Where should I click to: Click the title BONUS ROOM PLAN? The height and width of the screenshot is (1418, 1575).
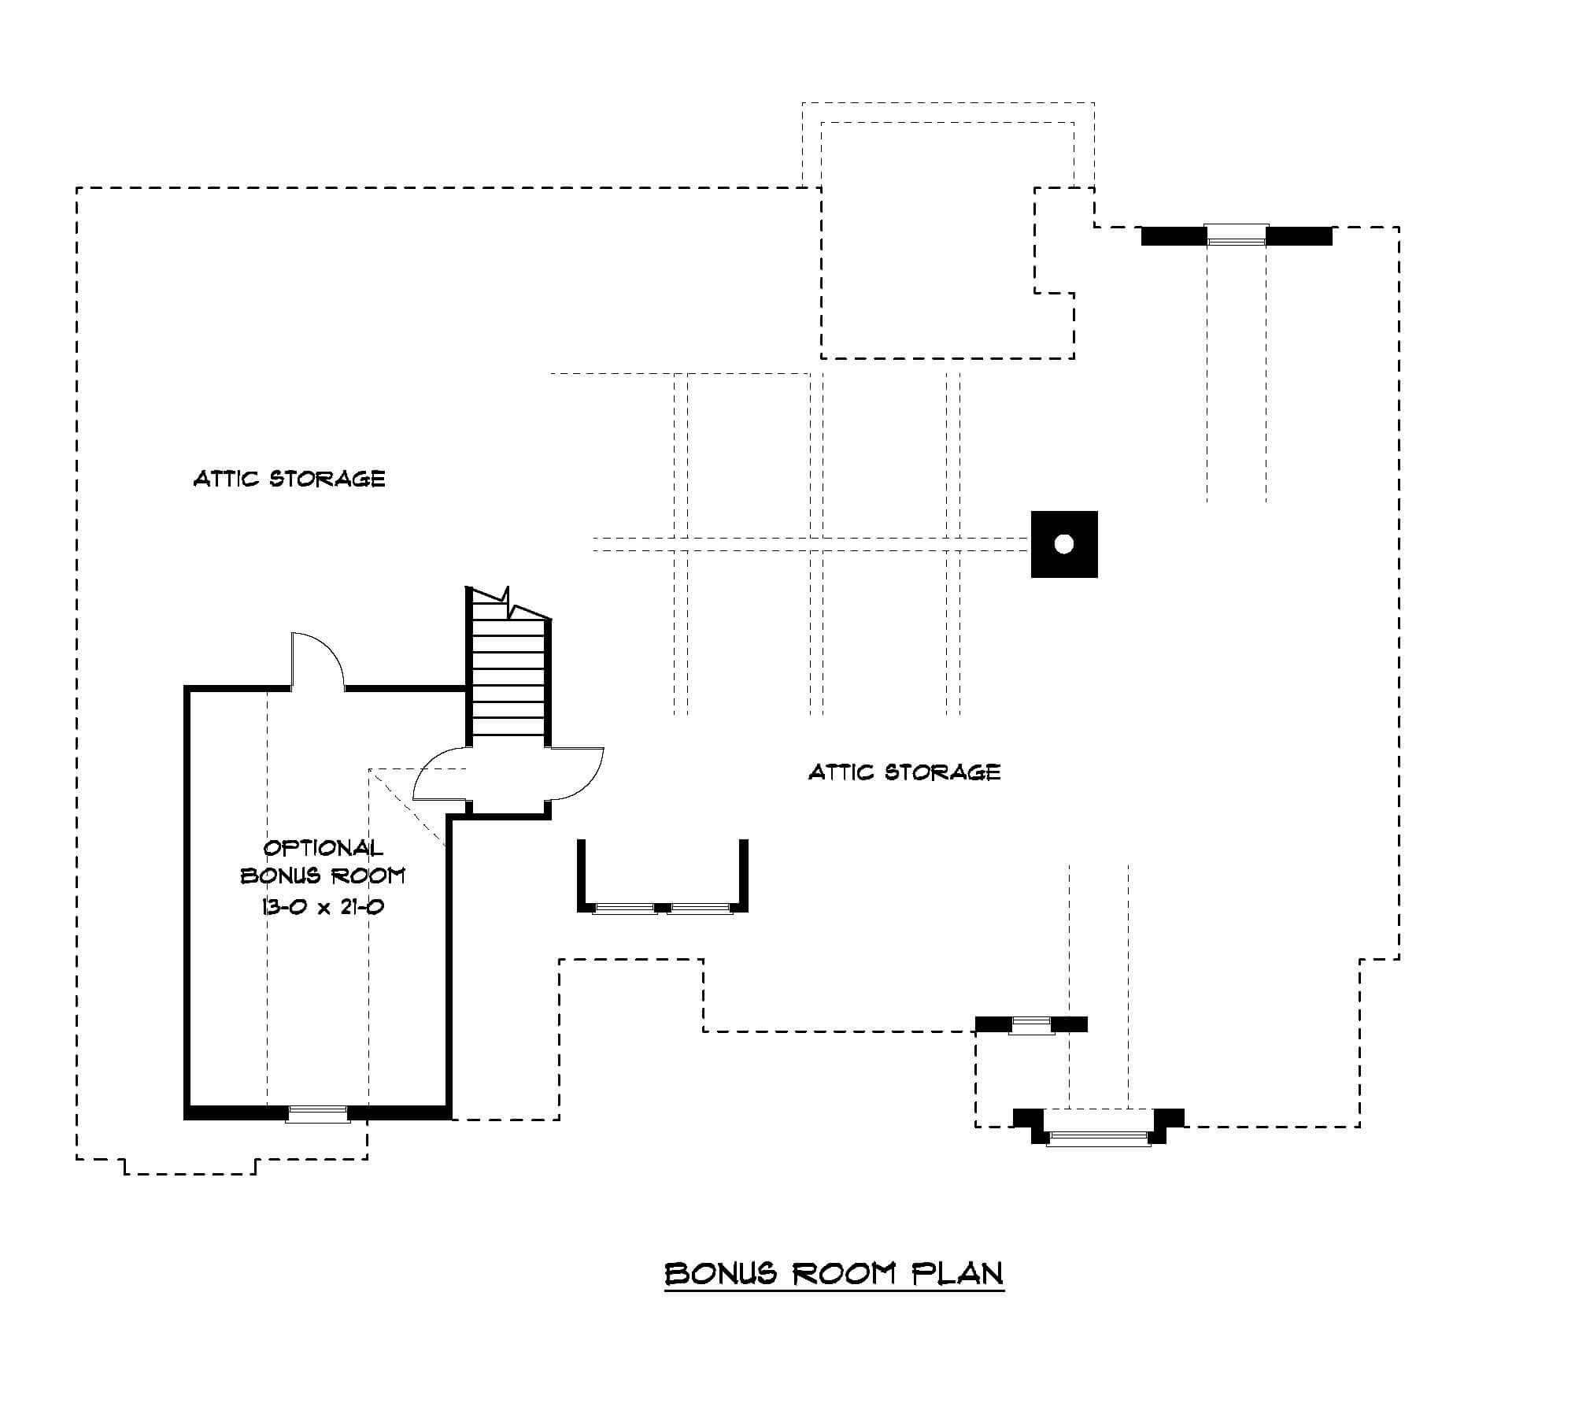pyautogui.click(x=834, y=1273)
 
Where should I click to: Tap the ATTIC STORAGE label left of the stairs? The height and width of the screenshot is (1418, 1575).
pyautogui.click(x=290, y=479)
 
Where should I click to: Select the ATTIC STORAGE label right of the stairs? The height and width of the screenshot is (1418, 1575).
pyautogui.click(x=904, y=772)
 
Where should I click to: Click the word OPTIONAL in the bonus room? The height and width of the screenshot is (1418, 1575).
pyautogui.click(x=323, y=848)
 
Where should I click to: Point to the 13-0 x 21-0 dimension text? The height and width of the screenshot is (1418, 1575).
pyautogui.click(x=323, y=907)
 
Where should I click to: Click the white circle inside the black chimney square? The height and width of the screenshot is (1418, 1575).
pyautogui.click(x=1064, y=544)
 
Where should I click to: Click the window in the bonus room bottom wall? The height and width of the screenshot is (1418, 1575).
pyautogui.click(x=317, y=1114)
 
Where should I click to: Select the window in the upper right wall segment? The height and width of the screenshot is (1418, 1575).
pyautogui.click(x=1237, y=235)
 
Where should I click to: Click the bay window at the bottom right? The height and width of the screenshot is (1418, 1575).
pyautogui.click(x=1098, y=1135)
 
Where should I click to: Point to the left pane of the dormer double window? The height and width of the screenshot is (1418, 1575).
pyautogui.click(x=625, y=908)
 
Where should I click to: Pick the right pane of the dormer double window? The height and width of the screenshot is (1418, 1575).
pyautogui.click(x=701, y=908)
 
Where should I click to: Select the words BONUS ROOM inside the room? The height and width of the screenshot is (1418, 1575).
pyautogui.click(x=323, y=876)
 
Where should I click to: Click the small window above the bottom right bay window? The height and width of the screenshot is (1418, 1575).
pyautogui.click(x=1031, y=1025)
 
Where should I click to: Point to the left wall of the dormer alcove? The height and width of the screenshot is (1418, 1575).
pyautogui.click(x=582, y=874)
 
